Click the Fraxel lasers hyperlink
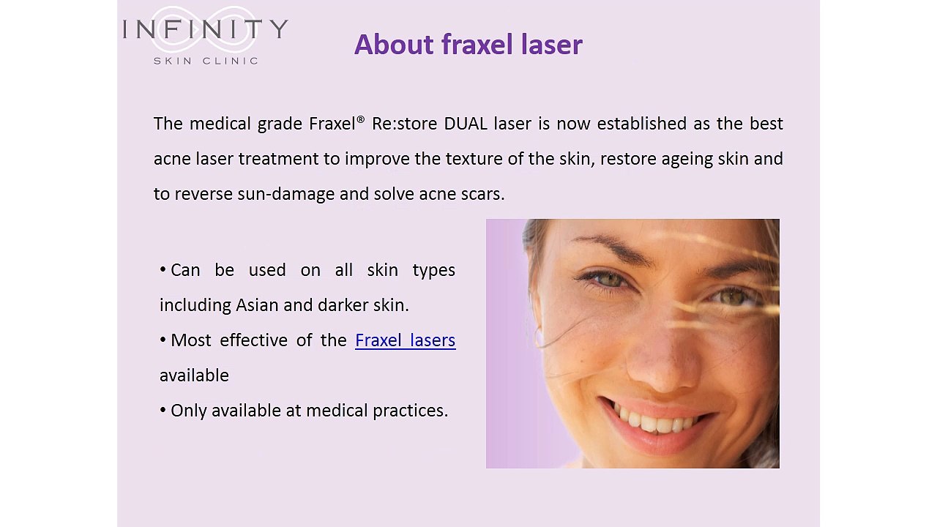pyautogui.click(x=405, y=340)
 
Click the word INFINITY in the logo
pyautogui.click(x=206, y=29)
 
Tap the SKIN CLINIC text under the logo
pyautogui.click(x=206, y=61)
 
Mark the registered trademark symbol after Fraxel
pyautogui.click(x=361, y=119)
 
